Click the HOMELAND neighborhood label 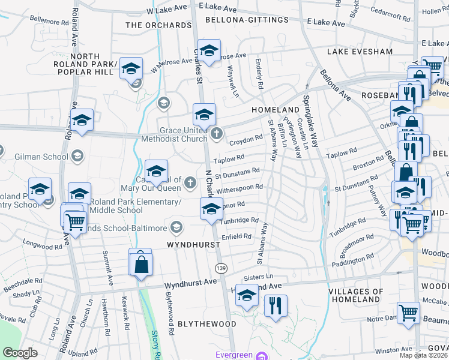(x=275, y=110)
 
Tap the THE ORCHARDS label (x=158, y=25)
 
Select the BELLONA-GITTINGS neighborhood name (x=242, y=20)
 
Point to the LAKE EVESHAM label (x=360, y=52)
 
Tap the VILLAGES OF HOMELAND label (x=356, y=295)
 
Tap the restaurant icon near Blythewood (x=276, y=304)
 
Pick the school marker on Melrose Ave (x=209, y=52)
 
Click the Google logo (x=20, y=353)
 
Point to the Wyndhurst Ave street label (x=190, y=281)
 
